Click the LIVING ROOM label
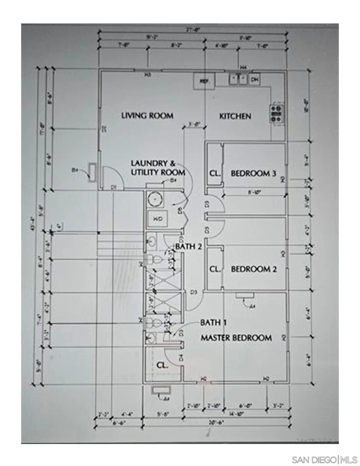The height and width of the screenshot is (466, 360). point(147,116)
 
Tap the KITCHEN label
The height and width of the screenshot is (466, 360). point(235,116)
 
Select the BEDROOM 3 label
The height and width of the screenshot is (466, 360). point(253,173)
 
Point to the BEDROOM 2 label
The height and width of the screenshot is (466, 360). point(254,269)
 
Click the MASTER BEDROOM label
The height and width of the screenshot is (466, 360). point(236,338)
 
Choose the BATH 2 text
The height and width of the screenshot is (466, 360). point(189,247)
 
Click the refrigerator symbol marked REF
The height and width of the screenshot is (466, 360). point(204,81)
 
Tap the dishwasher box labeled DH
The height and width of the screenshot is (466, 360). point(255,80)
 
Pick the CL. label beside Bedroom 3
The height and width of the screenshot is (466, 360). point(215,173)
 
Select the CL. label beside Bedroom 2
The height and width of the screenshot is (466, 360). point(215,269)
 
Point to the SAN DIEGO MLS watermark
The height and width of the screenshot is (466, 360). point(324,460)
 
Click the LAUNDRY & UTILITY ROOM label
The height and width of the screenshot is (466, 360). point(158,168)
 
